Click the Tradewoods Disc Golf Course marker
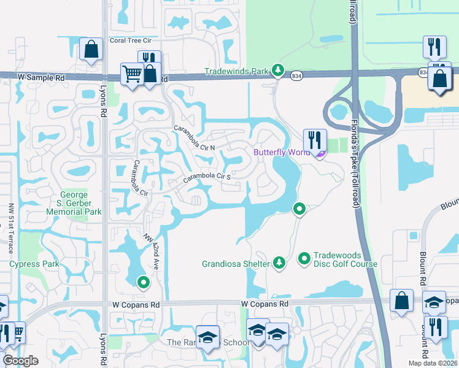[304, 259]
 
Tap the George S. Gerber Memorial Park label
[74, 203]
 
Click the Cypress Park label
[34, 264]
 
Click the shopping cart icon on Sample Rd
[132, 74]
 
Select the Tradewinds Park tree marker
[279, 71]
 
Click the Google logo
[21, 361]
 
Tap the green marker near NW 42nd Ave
[143, 282]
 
